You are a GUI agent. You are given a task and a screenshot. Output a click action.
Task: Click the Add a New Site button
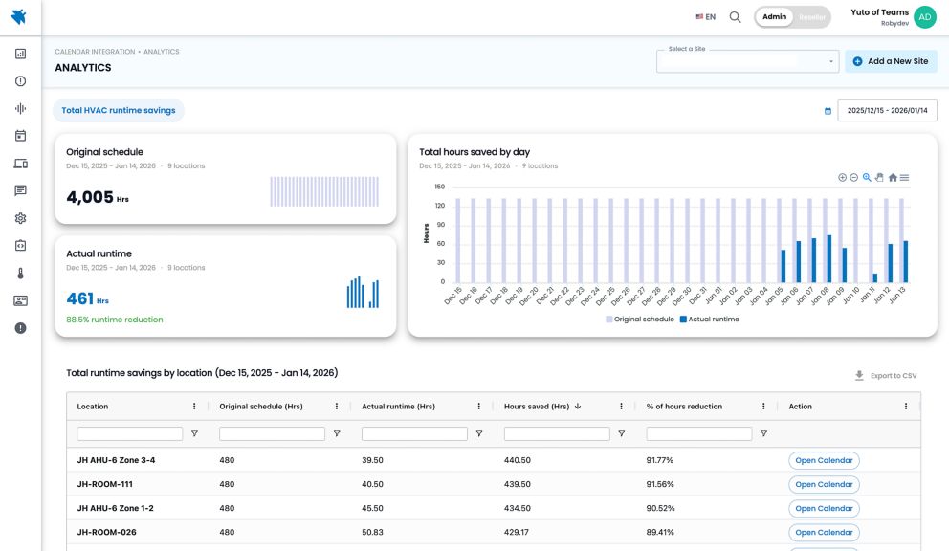coord(891,61)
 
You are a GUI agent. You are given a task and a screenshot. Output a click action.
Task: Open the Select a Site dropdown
coord(747,61)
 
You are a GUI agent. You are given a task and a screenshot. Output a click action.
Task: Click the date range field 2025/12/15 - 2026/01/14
coord(886,110)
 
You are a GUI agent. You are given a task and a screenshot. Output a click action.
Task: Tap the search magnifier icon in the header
coord(735,16)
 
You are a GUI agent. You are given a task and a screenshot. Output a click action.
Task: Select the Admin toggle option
coord(775,16)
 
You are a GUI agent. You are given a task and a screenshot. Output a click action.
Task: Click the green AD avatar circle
coord(924,17)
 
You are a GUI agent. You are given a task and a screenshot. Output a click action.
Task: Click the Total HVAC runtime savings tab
coord(119,110)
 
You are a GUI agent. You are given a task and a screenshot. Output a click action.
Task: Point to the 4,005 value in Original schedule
coord(90,197)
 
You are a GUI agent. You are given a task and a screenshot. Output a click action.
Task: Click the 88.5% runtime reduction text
coord(115,320)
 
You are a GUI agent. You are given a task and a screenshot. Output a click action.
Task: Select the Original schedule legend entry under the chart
coord(643,320)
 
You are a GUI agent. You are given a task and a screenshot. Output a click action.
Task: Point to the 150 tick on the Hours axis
coord(440,187)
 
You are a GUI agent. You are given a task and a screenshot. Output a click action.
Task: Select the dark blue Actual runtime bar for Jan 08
coord(828,258)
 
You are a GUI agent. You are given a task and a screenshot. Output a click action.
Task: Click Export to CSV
coord(886,376)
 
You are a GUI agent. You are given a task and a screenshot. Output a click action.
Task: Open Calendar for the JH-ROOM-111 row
coord(824,484)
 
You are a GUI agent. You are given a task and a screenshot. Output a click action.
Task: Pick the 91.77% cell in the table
coord(661,460)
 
